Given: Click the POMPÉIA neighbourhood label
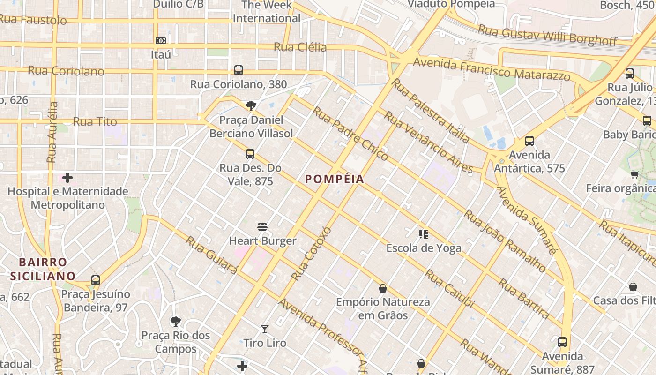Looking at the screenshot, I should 335,179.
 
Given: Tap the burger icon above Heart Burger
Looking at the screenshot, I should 262,227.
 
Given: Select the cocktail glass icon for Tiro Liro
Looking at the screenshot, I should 265,329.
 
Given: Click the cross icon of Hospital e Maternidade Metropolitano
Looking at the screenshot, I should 67,178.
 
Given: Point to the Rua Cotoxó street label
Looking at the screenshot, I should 311,254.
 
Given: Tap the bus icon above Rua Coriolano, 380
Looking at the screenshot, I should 239,70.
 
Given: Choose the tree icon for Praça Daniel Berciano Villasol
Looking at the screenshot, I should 251,105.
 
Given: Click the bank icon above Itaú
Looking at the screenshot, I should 161,41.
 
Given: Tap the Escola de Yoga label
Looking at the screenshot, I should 424,248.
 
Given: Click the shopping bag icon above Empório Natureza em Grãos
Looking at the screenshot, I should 383,288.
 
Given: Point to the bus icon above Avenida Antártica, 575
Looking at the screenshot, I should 529,141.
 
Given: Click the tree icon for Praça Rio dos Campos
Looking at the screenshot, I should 176,322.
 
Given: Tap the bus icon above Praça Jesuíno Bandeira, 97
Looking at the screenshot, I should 96,280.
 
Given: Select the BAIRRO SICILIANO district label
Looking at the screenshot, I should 43,269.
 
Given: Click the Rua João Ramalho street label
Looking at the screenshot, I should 505,241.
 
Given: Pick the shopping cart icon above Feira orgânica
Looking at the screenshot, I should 634,174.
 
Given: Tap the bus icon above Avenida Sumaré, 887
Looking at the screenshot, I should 562,342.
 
